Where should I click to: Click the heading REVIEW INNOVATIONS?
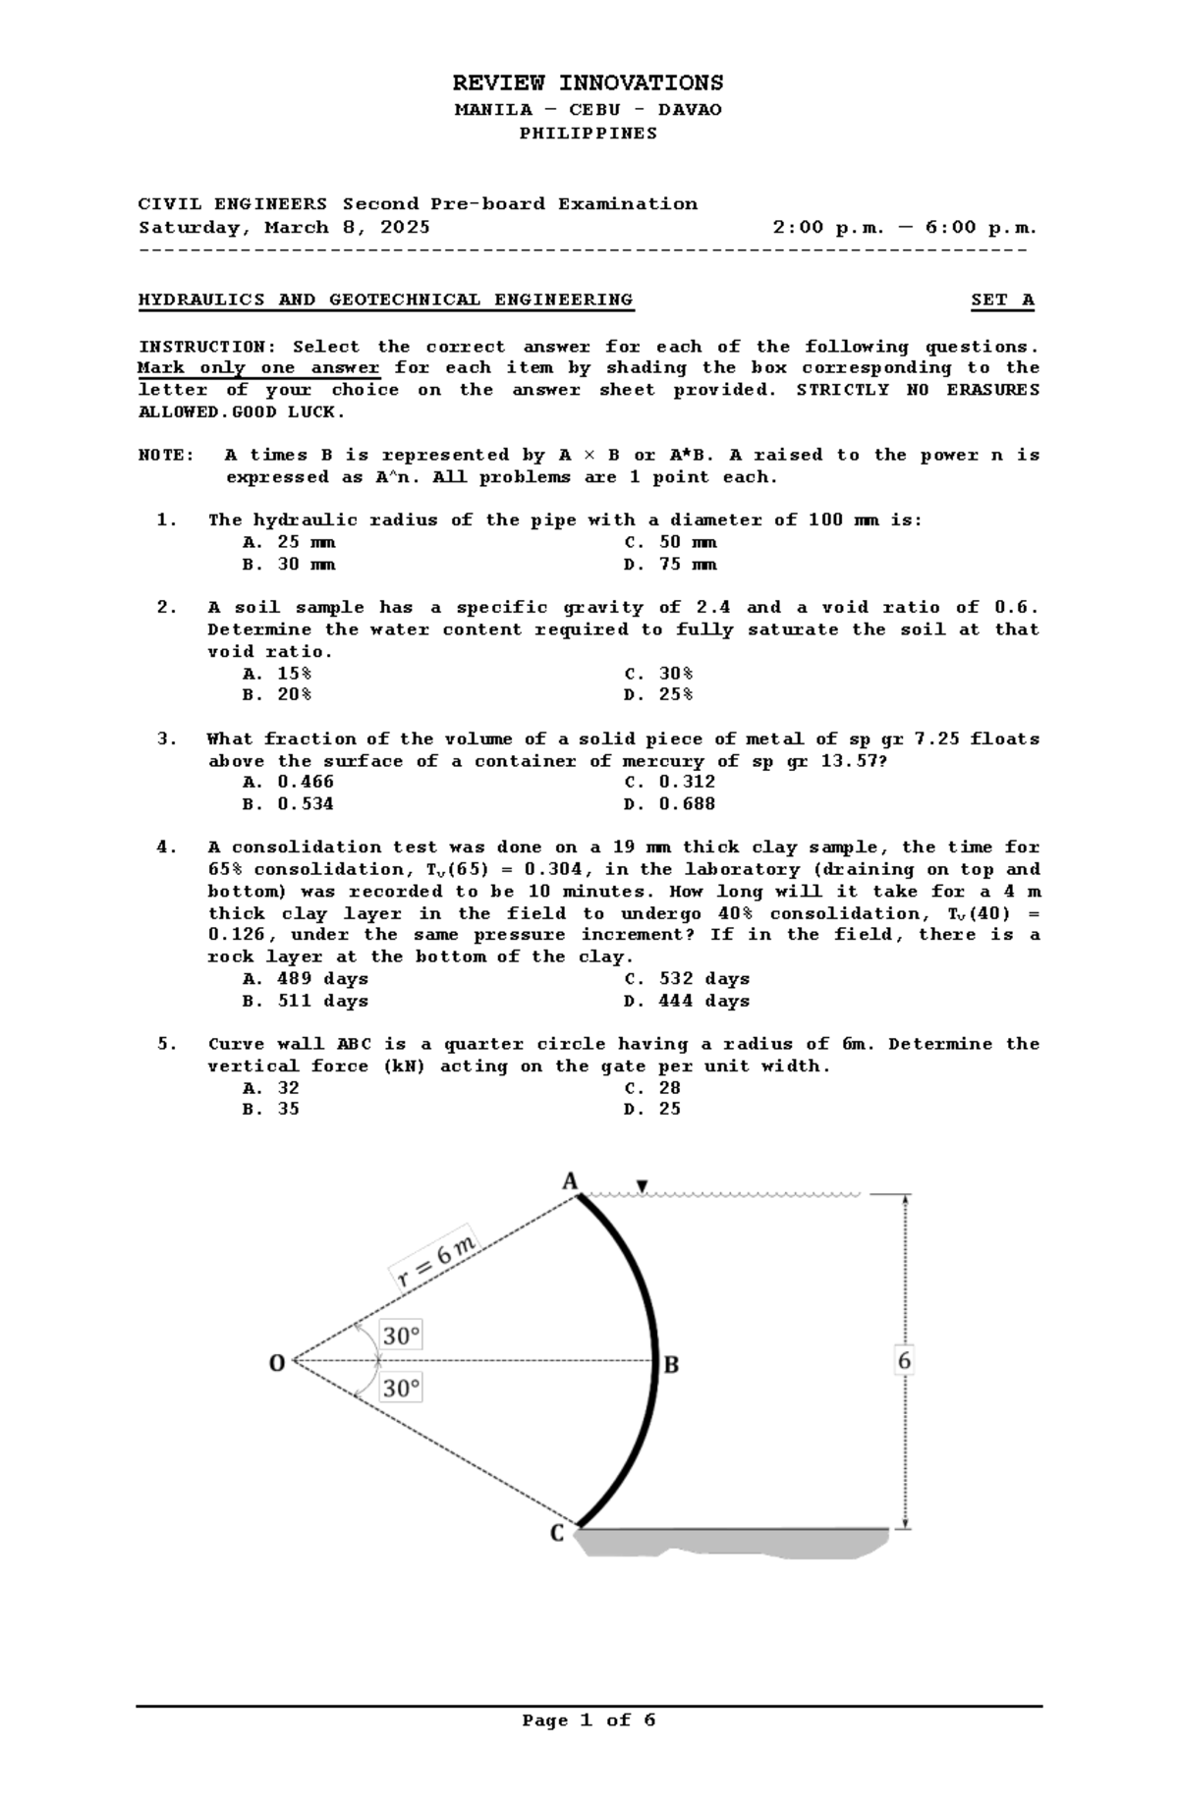pos(588,82)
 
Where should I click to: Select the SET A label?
pos(1002,300)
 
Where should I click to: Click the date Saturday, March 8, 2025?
pos(284,228)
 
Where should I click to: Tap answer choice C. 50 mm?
pos(670,542)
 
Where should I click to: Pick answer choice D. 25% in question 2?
pos(658,695)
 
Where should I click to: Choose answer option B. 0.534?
pos(288,804)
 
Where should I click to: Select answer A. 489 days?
pos(305,979)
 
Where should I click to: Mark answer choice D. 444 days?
pos(686,1002)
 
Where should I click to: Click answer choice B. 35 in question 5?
pos(270,1110)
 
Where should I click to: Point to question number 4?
pos(166,847)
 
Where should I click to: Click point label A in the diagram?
pos(570,1181)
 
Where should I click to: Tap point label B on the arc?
pos(672,1364)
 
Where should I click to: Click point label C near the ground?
pos(557,1533)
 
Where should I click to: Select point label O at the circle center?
pos(277,1363)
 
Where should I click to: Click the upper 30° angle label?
pos(401,1336)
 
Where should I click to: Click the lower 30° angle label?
pos(401,1389)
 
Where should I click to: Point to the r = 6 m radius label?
pos(436,1261)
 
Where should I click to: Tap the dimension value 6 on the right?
pos(904,1361)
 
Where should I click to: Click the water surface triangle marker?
pos(642,1186)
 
